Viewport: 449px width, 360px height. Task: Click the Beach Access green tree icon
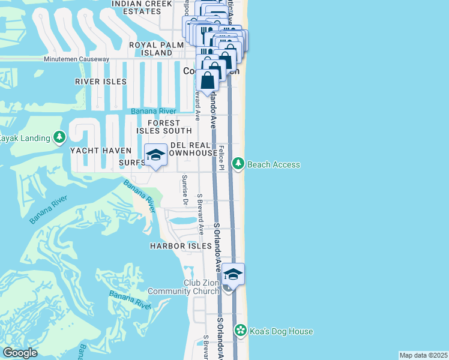238,164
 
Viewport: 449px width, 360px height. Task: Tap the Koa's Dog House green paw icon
241,331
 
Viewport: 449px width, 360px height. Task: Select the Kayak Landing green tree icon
59,138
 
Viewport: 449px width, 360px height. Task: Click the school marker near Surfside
155,155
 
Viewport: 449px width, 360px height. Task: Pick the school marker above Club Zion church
234,275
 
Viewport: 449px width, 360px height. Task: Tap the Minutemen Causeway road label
76,59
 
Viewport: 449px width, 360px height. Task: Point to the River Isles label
100,82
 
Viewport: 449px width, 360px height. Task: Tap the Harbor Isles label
181,246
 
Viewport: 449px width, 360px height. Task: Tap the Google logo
20,353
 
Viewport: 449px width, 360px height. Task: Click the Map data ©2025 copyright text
423,355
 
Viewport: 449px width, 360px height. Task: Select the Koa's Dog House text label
280,331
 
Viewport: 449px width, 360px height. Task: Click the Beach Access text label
274,164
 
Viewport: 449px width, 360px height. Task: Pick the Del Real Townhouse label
191,149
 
